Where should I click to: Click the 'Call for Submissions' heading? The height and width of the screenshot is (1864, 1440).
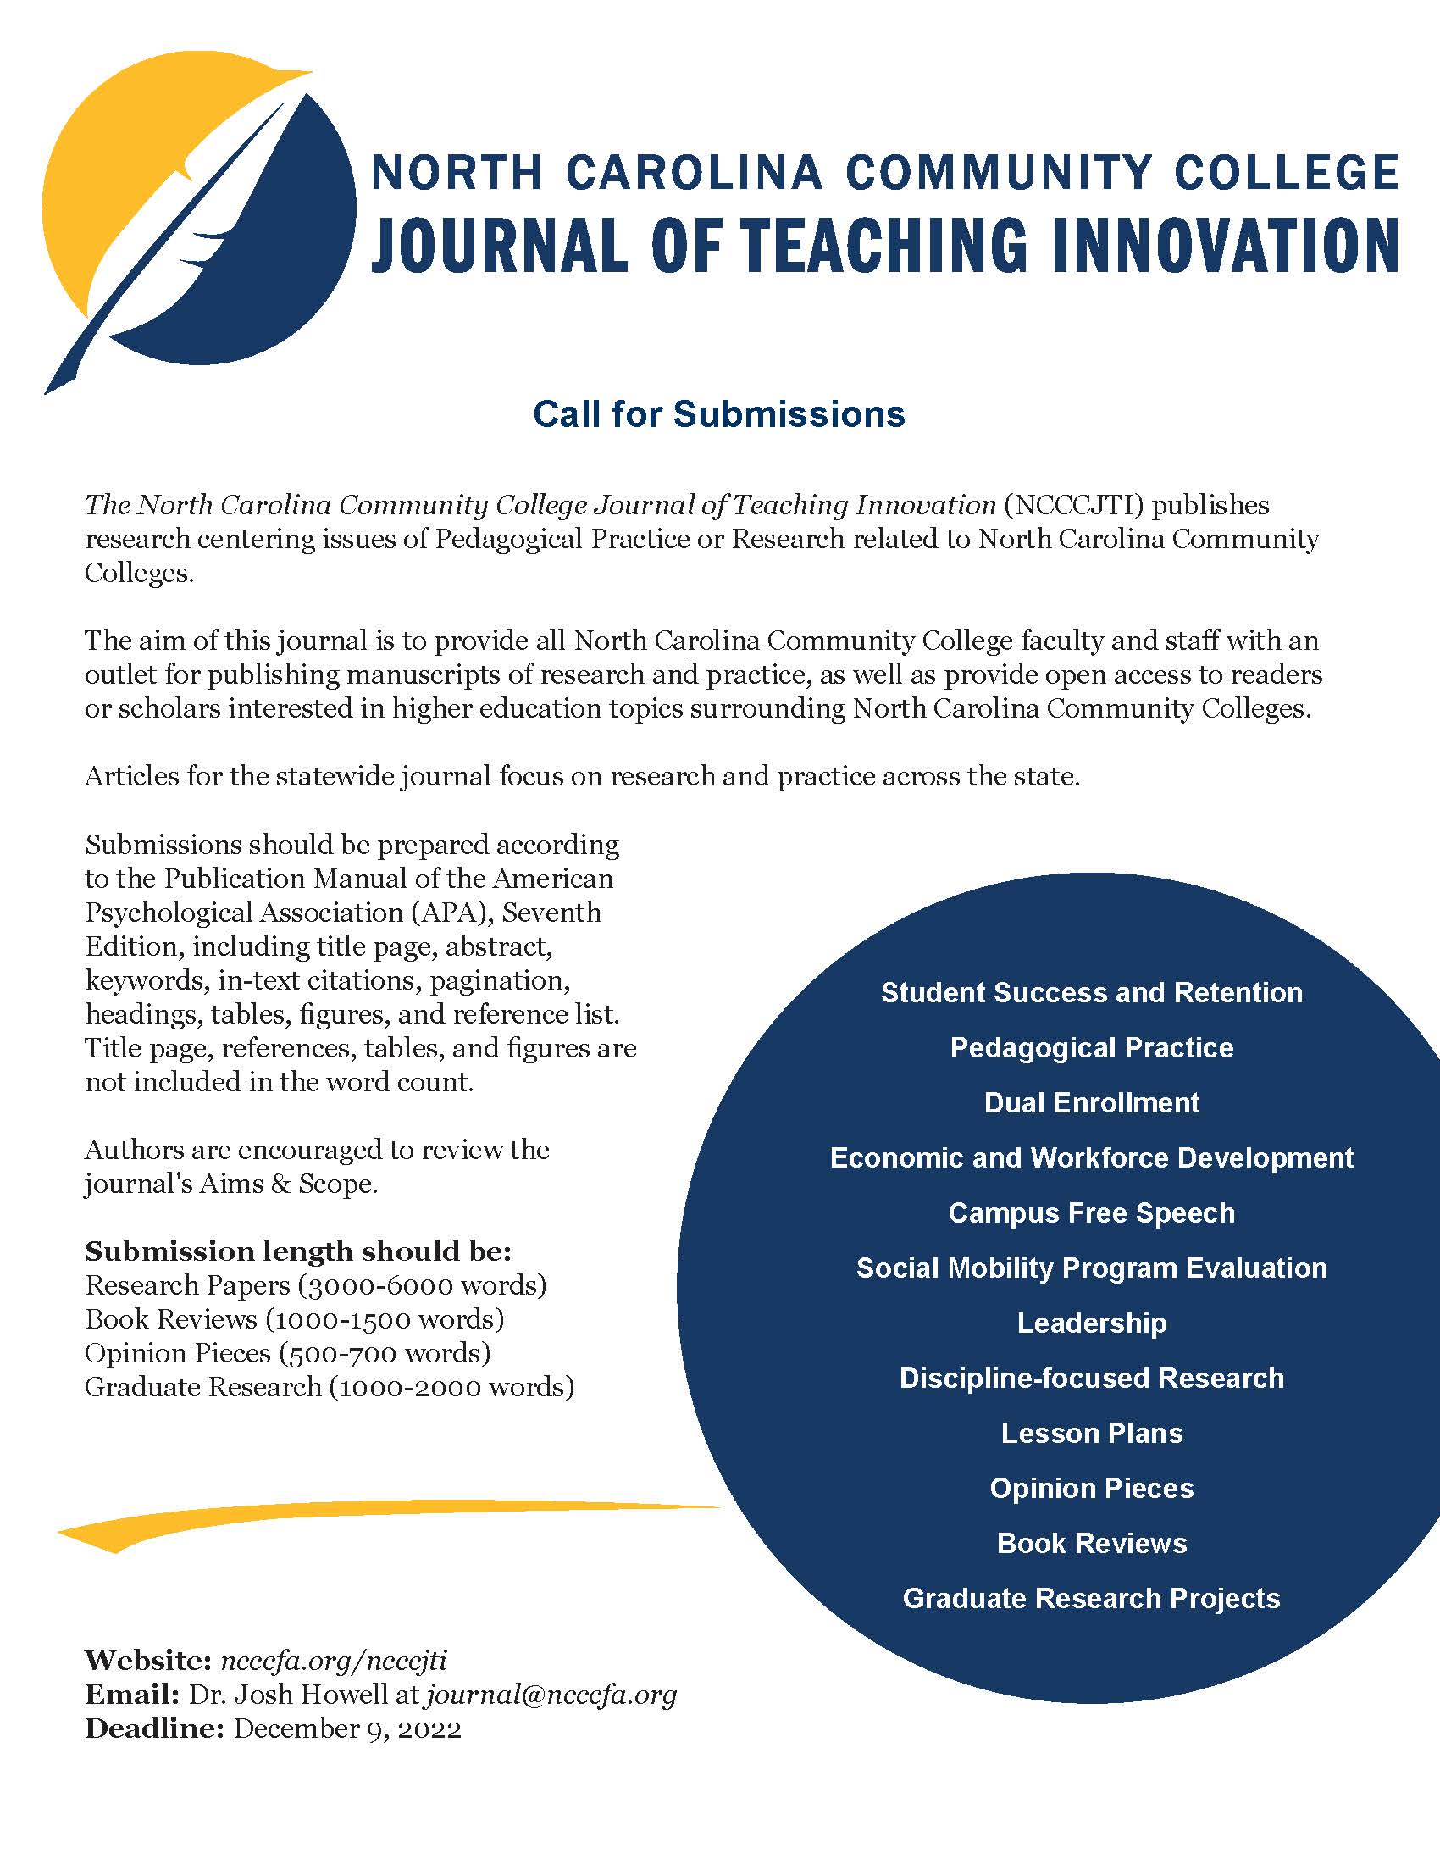[x=718, y=415]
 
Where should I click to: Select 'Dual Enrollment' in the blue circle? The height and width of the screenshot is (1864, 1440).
[x=1091, y=1102]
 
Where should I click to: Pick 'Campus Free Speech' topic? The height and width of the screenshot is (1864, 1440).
[x=1091, y=1212]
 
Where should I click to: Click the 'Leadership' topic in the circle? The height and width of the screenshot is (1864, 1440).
[x=1091, y=1323]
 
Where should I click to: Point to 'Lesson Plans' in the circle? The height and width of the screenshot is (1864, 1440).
[x=1091, y=1433]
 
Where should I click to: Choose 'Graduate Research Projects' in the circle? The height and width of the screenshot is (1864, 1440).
[x=1091, y=1598]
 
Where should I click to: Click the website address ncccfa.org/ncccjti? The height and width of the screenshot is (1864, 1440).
[x=334, y=1660]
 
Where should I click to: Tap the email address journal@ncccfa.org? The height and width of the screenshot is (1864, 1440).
[x=551, y=1695]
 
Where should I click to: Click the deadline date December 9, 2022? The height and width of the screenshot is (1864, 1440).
[x=347, y=1728]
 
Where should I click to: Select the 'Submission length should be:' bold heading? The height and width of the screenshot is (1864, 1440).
[x=297, y=1251]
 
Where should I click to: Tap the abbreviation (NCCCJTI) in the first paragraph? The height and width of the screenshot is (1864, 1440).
[x=1072, y=505]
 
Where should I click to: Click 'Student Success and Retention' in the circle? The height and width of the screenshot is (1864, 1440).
[x=1091, y=993]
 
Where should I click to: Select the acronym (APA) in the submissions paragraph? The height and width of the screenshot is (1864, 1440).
[x=448, y=913]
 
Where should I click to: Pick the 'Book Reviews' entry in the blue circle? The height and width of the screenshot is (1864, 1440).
[x=1091, y=1543]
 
